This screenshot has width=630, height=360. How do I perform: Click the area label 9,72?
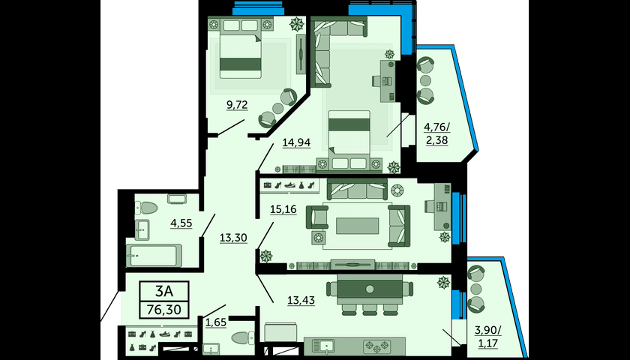237,105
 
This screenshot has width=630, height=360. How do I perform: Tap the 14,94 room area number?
296,142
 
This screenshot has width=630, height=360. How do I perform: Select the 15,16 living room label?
283,209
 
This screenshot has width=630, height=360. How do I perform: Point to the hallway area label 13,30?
233,238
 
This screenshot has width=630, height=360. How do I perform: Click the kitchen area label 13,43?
301,300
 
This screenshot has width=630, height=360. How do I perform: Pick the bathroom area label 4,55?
181,223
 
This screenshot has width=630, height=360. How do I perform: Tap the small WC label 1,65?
216,322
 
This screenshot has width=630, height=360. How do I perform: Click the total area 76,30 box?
164,309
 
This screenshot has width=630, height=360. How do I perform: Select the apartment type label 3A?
164,290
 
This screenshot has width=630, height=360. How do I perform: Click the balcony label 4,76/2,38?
436,133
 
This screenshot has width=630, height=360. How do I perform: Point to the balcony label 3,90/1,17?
487,337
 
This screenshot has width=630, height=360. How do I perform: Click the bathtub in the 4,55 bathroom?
154,256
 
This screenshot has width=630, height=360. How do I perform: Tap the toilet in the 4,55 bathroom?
146,208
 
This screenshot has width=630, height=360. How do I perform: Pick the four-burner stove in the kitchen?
376,345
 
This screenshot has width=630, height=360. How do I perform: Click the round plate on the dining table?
370,289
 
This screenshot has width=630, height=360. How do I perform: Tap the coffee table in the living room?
357,226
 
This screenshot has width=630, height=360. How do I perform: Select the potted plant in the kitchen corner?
443,283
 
